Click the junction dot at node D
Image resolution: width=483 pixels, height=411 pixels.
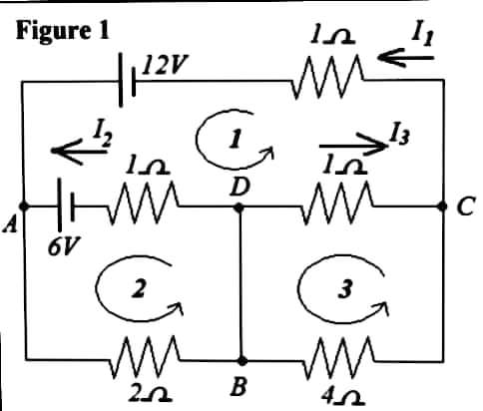(241, 208)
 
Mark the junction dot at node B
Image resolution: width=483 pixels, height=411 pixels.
(241, 359)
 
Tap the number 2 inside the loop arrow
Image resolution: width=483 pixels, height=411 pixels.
(140, 290)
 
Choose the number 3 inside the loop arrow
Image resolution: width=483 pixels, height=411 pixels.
(342, 289)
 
